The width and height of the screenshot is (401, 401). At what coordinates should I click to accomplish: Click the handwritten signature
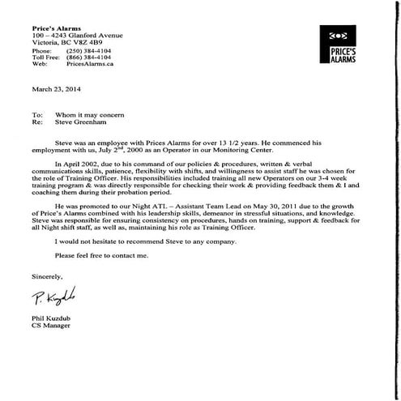point(57,293)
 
